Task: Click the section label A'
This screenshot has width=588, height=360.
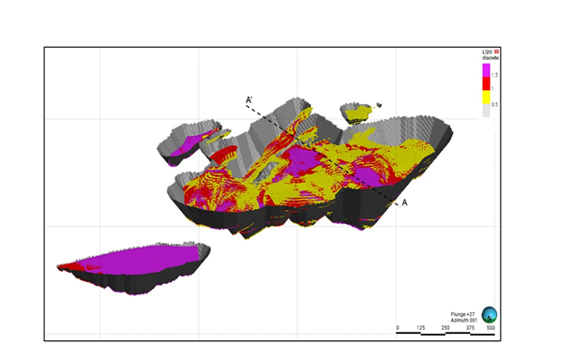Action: [x=249, y=99]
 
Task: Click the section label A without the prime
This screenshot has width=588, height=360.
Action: [x=404, y=202]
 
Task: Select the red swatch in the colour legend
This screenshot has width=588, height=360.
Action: [x=487, y=83]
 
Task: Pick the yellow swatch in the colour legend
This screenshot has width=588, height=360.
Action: [x=487, y=97]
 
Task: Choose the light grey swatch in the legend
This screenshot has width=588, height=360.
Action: [x=487, y=109]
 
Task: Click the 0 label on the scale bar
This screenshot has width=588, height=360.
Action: [x=398, y=327]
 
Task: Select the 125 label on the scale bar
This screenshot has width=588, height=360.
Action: [x=421, y=327]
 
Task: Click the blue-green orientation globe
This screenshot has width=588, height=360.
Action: [x=489, y=316]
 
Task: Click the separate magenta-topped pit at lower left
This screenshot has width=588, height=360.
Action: [x=131, y=263]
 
